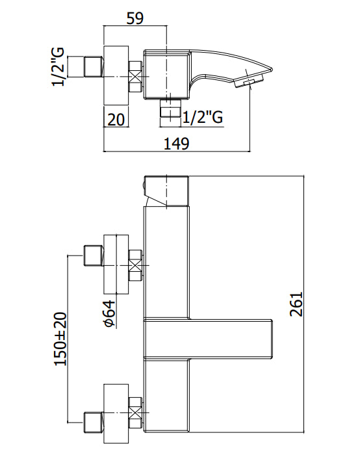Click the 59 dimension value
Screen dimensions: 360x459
[x=135, y=18]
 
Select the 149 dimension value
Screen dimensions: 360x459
[x=176, y=144]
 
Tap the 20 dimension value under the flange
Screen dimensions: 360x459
[x=116, y=119]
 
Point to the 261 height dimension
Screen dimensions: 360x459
[x=296, y=304]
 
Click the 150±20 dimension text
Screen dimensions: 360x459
[x=60, y=339]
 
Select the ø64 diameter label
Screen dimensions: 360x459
[x=109, y=313]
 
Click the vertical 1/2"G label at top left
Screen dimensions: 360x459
[x=58, y=67]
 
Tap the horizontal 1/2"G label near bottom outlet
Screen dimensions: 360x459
[x=203, y=118]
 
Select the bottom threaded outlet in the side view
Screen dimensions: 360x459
[x=170, y=109]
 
